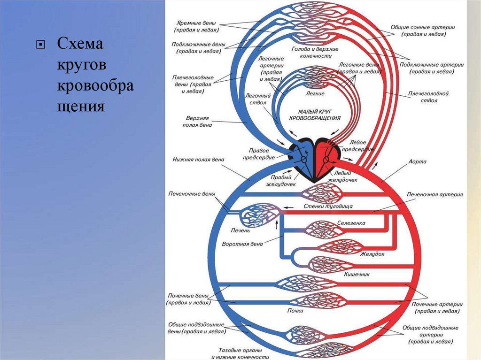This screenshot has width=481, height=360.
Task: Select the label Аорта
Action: (418, 161)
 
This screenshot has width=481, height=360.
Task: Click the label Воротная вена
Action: (242, 245)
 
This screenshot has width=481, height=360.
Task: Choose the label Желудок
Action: (372, 254)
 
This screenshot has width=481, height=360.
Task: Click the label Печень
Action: (240, 230)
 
